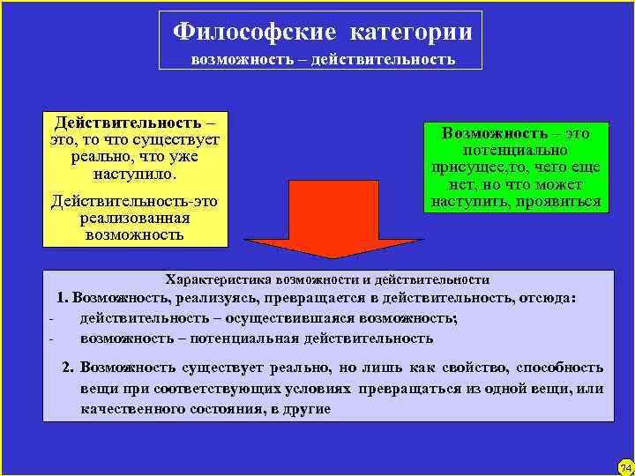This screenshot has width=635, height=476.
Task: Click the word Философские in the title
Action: pyautogui.click(x=255, y=32)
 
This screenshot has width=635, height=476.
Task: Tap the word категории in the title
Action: pyautogui.click(x=411, y=32)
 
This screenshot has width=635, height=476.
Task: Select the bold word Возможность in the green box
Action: pyautogui.click(x=490, y=132)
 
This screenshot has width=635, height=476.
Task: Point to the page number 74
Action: pyautogui.click(x=625, y=466)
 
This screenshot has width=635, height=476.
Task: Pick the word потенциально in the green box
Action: pyautogui.click(x=516, y=150)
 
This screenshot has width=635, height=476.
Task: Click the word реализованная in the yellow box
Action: pyautogui.click(x=135, y=218)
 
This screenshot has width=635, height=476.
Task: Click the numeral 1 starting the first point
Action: pyautogui.click(x=62, y=298)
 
